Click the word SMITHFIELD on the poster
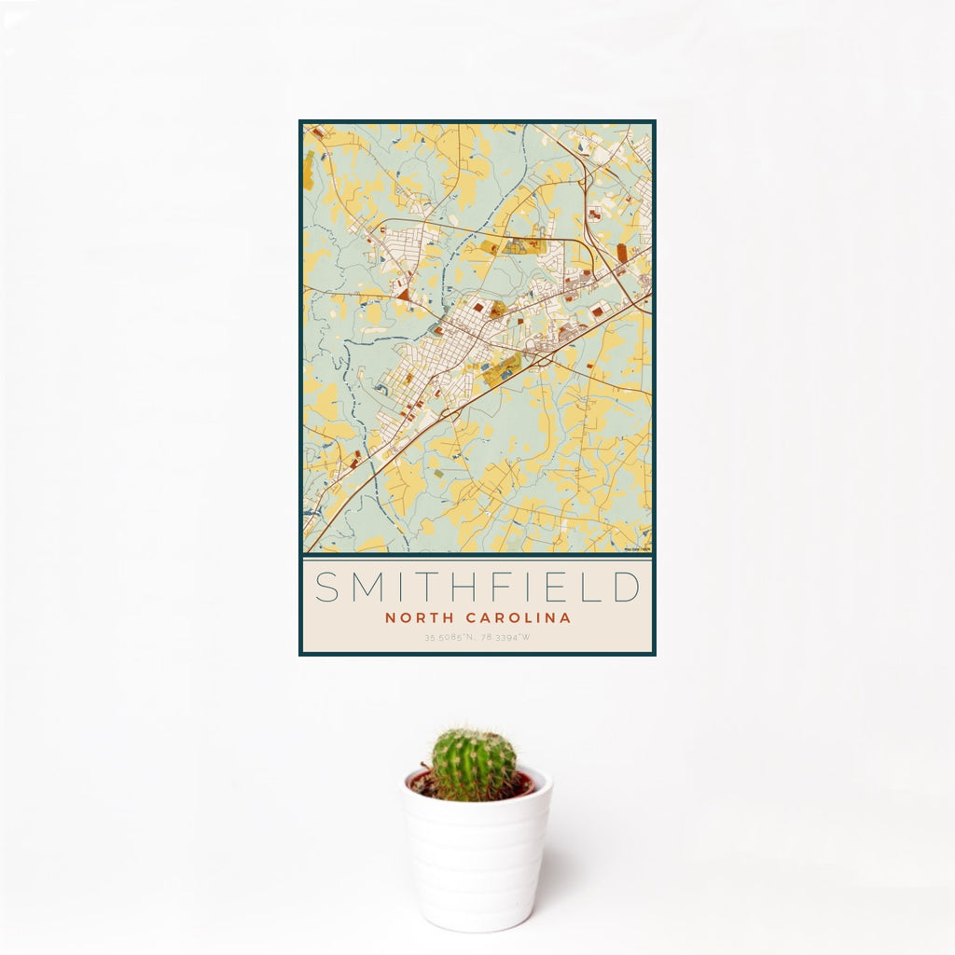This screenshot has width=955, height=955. tap(477, 588)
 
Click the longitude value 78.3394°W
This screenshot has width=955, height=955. tap(505, 638)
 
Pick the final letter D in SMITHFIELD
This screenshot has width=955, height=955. tap(627, 588)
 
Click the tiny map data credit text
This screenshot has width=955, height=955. tap(638, 549)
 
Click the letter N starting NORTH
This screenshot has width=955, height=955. tap(389, 617)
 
